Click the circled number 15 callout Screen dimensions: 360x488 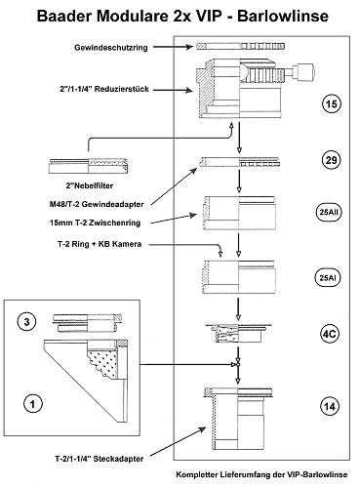point(331,104)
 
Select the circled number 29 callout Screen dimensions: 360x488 point(331,160)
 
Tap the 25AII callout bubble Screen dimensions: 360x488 point(329,213)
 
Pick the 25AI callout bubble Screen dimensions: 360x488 point(328,278)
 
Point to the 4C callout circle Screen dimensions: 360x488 point(330,334)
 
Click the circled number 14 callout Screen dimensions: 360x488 point(330,406)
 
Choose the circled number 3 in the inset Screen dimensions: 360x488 point(27,322)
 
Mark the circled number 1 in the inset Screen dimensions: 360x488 point(32,404)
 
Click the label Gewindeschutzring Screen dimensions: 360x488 point(111,48)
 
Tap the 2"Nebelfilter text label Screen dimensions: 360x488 point(90,185)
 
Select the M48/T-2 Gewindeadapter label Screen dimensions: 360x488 point(97,204)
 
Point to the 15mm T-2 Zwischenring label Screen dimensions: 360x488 point(96,223)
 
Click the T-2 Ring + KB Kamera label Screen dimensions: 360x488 point(100,244)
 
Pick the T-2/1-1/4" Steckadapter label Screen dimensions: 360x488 point(99,459)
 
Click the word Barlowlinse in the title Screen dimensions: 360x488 point(283,16)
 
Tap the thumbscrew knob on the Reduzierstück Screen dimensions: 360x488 point(303,71)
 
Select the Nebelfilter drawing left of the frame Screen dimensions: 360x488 point(89,166)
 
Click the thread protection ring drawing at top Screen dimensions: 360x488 point(241,46)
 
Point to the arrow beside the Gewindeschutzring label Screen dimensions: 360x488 point(173,47)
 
